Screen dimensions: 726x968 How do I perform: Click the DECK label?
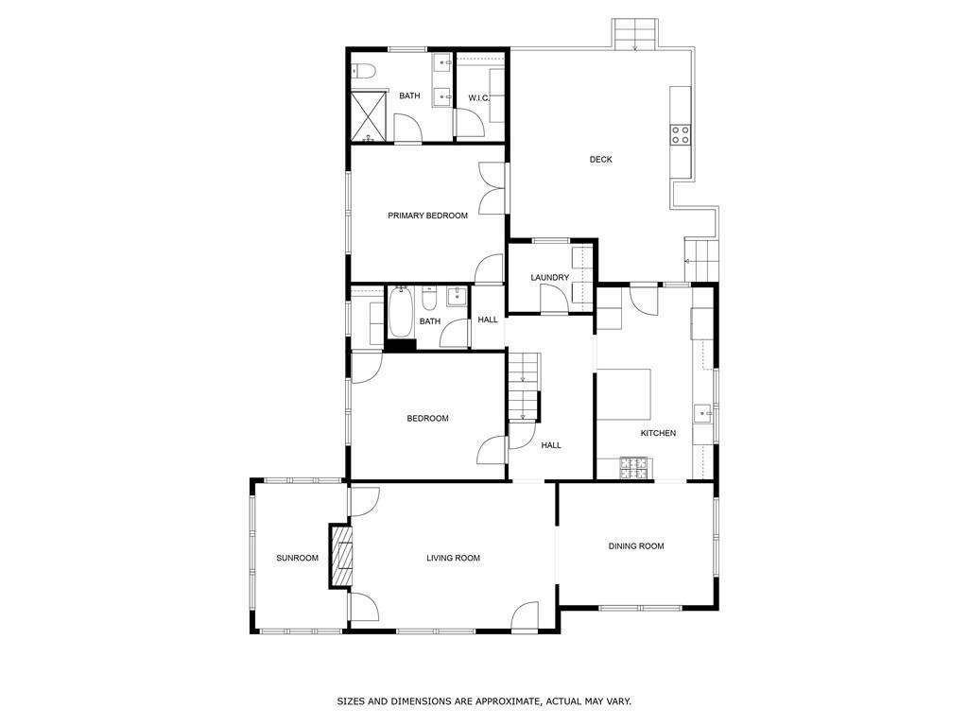coord(600,160)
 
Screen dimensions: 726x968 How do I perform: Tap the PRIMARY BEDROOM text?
coord(427,216)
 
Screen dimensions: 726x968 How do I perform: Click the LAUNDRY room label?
coord(549,277)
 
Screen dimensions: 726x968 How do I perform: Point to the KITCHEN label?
coord(658,433)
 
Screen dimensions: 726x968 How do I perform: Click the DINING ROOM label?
coord(635,545)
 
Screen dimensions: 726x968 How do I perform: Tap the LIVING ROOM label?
coord(453,558)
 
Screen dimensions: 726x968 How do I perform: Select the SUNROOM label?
coord(297,558)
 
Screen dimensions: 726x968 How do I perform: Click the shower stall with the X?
coord(369,115)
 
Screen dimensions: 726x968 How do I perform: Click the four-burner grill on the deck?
coord(681,134)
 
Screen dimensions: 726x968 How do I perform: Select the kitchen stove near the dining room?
coord(633,467)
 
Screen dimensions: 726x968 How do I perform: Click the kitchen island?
coord(624,393)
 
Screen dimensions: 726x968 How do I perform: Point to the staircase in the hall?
coord(523,384)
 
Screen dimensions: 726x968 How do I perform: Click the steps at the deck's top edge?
coord(634,34)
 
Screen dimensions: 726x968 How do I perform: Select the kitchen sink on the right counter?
coord(702,413)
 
